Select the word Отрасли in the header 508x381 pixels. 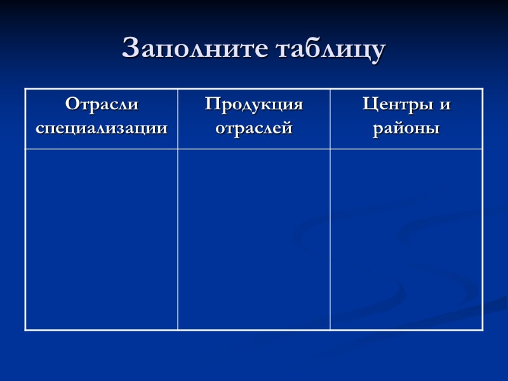tap(102, 104)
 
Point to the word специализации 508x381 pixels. tap(102, 128)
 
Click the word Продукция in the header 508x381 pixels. tap(254, 104)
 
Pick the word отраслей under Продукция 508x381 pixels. tap(254, 128)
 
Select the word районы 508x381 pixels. tap(406, 128)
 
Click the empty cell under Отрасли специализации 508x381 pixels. tap(102, 239)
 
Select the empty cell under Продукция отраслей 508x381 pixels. tap(254, 239)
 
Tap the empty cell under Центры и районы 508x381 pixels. tap(406, 239)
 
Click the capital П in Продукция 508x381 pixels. tap(211, 104)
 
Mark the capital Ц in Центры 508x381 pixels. tap(369, 104)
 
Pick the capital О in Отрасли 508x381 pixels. tap(72, 104)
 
